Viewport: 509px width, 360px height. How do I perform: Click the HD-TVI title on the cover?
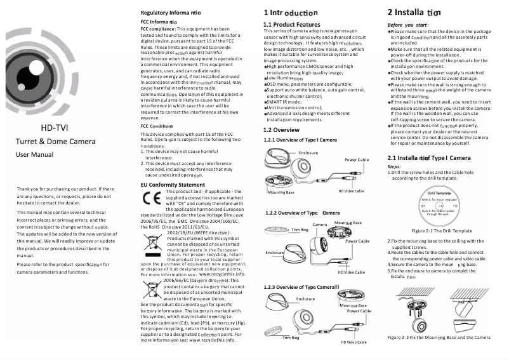[54, 128]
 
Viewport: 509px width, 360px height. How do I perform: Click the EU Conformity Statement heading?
[173, 184]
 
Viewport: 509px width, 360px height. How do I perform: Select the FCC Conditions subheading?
[156, 126]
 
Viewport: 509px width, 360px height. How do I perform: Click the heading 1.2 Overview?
[281, 130]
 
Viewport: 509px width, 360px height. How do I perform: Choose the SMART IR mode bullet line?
[285, 84]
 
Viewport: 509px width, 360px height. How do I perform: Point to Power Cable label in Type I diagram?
[357, 160]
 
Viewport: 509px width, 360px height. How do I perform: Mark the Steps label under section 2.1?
[394, 167]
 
